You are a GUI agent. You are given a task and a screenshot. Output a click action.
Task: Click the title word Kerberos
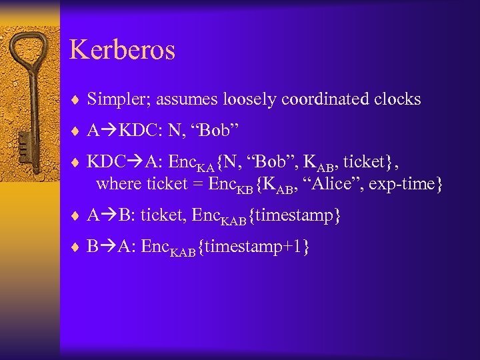[122, 51]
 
